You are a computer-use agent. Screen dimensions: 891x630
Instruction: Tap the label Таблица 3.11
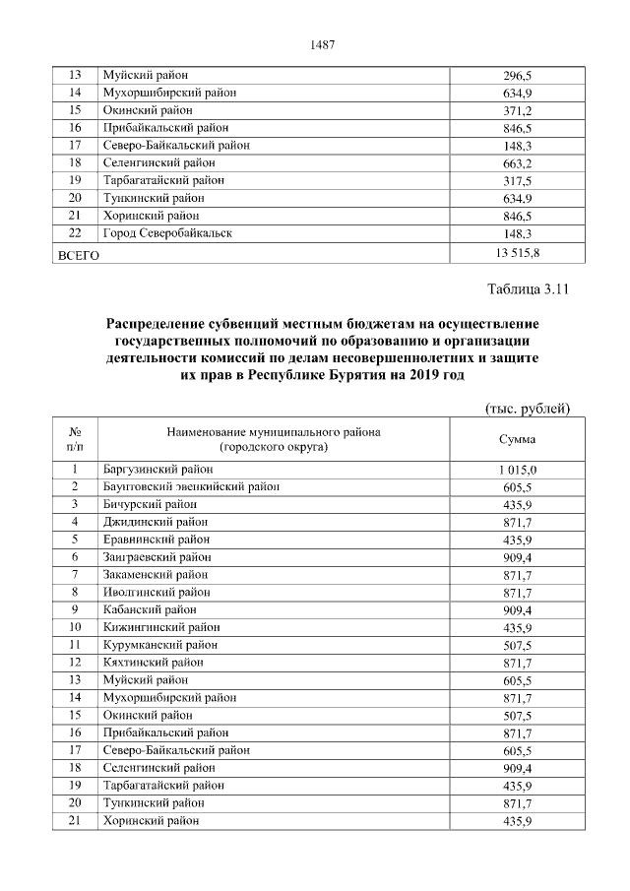(529, 290)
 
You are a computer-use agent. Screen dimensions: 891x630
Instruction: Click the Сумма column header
(517, 439)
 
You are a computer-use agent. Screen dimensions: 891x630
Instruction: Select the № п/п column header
(75, 439)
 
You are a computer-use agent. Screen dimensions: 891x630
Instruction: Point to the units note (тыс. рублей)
(529, 409)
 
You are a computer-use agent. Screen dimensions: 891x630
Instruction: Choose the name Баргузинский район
(157, 470)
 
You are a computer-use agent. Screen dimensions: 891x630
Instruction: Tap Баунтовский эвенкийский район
(191, 486)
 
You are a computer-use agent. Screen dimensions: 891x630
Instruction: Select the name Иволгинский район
(156, 592)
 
